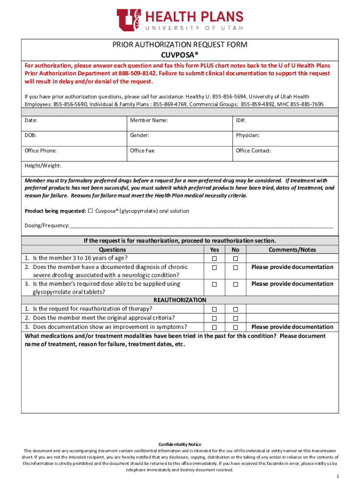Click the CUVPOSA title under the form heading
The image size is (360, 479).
180,55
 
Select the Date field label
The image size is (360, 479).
31,121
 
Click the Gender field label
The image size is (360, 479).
139,135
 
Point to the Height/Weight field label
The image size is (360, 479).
43,166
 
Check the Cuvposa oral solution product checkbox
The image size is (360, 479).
91,211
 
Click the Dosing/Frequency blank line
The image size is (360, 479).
201,225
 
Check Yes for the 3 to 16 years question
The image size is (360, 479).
214,259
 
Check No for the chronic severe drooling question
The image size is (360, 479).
236,268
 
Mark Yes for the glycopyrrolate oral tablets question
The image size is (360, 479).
214,284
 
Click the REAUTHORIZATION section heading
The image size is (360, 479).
180,300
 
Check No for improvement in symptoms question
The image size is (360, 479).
236,327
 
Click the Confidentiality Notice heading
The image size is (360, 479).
180,444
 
